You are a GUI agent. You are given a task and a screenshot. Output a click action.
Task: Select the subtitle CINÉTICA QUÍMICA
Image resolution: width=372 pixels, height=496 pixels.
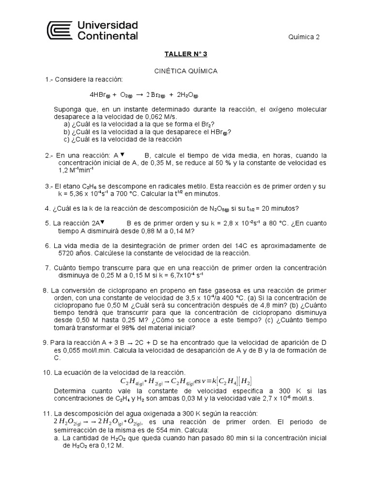[186, 71]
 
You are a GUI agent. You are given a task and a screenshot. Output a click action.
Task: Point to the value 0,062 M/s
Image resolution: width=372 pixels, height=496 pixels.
[162, 117]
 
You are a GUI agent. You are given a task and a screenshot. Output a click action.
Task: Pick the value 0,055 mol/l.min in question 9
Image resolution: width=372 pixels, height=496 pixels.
[79, 350]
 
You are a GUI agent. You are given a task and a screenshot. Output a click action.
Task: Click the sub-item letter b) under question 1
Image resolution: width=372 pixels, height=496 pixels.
[67, 131]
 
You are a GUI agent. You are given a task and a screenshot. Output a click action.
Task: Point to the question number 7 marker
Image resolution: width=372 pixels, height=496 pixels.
[47, 268]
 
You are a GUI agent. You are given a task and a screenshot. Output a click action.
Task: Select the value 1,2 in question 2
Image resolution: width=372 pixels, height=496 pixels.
[63, 170]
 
